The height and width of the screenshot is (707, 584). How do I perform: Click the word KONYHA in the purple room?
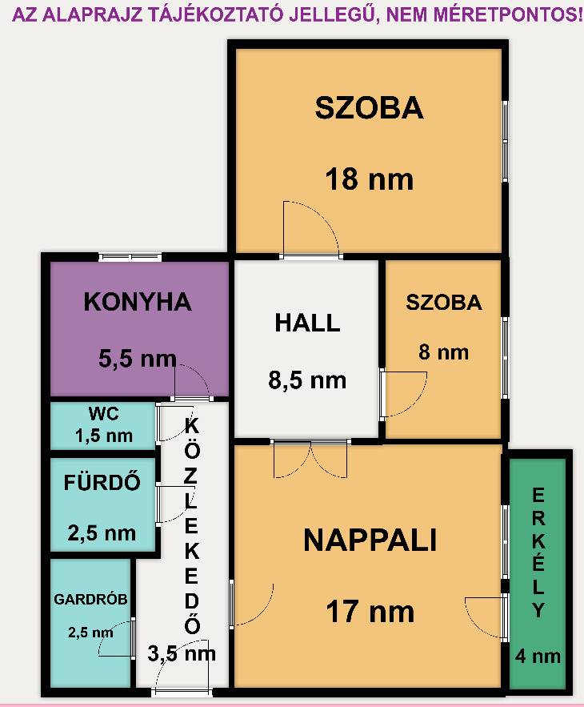coord(138,302)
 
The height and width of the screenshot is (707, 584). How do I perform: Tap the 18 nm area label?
coord(369,179)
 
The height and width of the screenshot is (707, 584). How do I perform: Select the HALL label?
coord(307,323)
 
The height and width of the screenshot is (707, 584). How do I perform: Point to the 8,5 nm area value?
coord(307,380)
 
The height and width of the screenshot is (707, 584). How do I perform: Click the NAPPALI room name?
coord(370,540)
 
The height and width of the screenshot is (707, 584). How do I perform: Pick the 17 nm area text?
coord(370,612)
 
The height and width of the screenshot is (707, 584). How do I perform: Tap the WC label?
coord(104,413)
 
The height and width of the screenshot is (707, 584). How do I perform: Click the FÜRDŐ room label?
coord(102,481)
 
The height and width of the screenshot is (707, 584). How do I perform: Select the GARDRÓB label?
coord(90,599)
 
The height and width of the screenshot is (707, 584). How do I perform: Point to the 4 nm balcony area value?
coord(538,656)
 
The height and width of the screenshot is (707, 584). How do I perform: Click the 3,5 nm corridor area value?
coord(182,653)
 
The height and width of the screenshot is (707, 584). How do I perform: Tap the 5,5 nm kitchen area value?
coord(138,359)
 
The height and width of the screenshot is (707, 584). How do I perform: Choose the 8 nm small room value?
coord(443,351)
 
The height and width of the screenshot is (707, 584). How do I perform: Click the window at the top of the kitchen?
coord(130,258)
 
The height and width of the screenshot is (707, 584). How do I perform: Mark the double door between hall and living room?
coord(311,459)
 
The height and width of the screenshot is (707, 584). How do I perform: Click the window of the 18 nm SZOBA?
coord(505,141)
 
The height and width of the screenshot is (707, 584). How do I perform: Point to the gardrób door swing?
coord(117,638)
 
